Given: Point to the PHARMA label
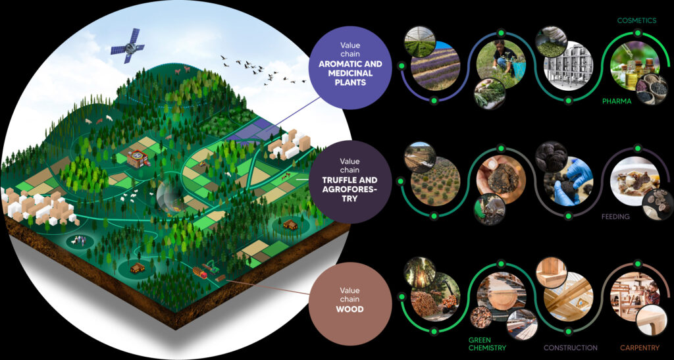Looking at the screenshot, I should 617,101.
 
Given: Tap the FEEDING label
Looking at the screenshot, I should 616,216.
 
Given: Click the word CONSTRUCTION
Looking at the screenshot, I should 571,347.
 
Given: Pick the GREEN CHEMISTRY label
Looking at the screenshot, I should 487,344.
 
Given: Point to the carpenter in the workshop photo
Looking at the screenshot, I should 648,293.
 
